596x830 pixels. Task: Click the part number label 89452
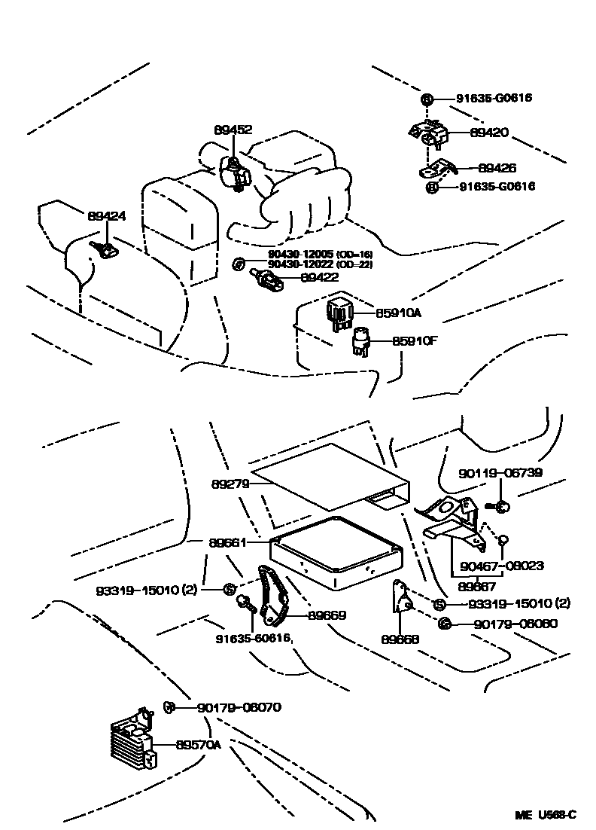(233, 130)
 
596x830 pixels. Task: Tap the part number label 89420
(489, 133)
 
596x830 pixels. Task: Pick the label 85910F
(414, 341)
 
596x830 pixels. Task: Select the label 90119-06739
(500, 473)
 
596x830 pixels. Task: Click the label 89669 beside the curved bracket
(327, 615)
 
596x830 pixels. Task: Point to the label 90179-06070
(239, 707)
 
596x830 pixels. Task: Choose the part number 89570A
(198, 745)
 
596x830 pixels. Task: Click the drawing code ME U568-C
(546, 815)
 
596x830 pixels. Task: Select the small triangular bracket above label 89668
(400, 599)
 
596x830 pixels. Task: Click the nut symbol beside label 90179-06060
(445, 623)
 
